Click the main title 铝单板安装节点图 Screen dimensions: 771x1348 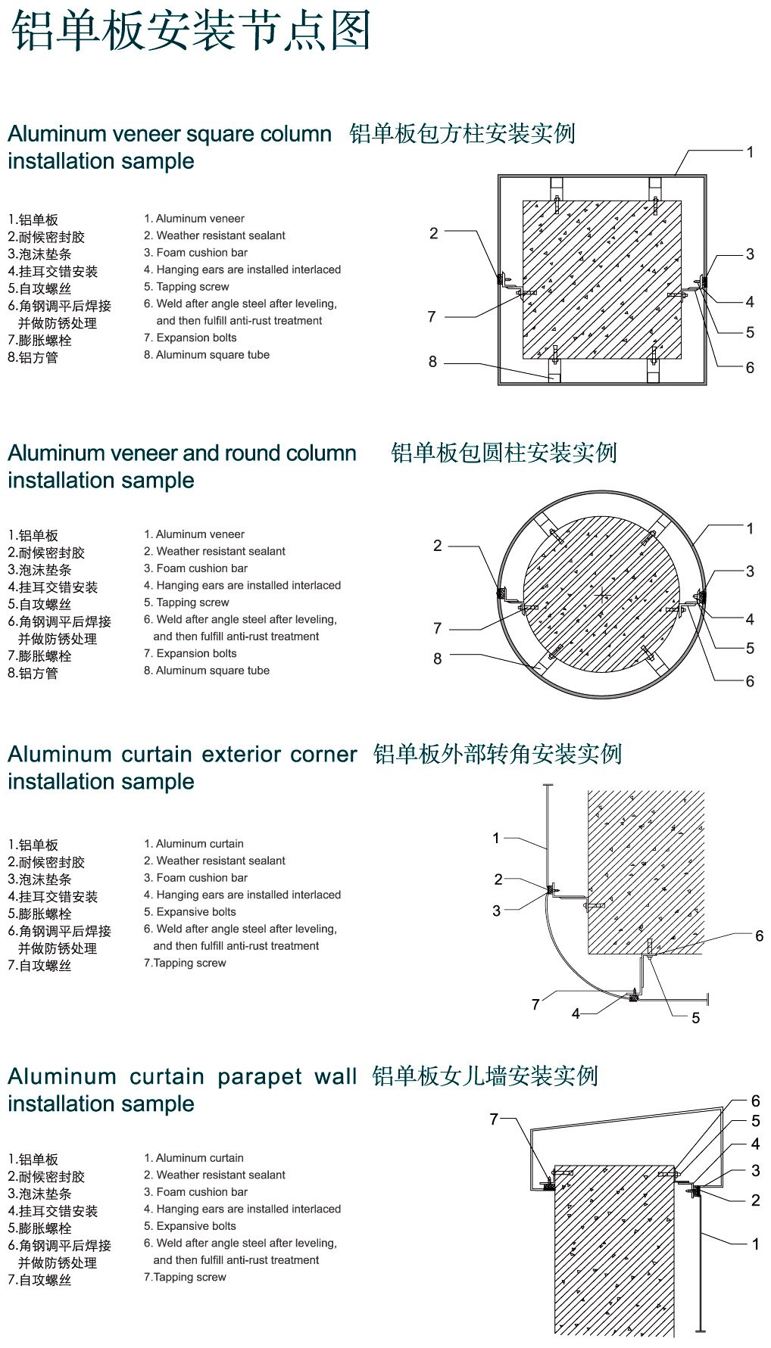pos(191,31)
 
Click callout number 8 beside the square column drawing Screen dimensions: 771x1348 pos(432,362)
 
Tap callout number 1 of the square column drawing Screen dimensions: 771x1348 pos(750,152)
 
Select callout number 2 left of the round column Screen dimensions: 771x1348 pos(437,546)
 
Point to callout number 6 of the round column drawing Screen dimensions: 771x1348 pos(750,681)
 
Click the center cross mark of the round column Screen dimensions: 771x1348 pos(602,595)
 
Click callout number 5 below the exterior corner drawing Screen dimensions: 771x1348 pos(695,1019)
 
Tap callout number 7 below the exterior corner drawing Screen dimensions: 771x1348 pos(535,1004)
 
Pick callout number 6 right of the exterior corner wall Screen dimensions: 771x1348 pos(759,936)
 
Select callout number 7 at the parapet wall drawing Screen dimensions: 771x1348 pos(494,1119)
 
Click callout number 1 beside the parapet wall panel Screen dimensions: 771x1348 pos(755,1244)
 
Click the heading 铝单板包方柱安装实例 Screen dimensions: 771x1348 pos(463,134)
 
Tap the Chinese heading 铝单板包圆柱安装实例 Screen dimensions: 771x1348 pos(504,453)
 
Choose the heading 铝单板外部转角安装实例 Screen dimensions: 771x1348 pos(498,755)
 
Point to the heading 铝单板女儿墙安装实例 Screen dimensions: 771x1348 pos(485,1076)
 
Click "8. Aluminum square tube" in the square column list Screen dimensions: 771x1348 pos(207,355)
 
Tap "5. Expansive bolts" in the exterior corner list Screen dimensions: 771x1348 pos(190,912)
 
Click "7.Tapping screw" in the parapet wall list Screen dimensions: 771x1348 pos(186,1277)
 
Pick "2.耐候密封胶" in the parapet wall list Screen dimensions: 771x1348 pos(46,1177)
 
